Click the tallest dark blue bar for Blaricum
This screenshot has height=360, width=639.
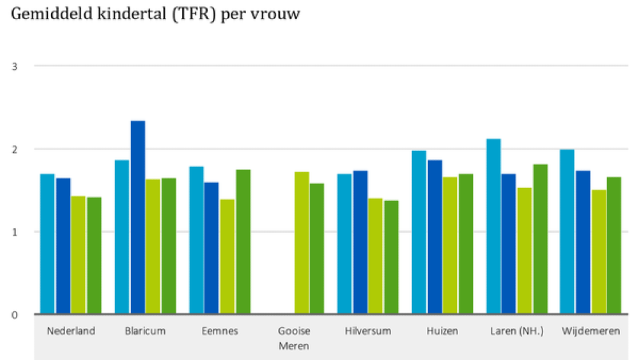click(138, 217)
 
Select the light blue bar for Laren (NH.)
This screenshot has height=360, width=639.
click(493, 226)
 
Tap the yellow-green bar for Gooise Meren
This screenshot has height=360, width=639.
click(302, 243)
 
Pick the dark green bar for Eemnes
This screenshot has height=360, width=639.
click(243, 242)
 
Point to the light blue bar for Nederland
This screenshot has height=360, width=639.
click(47, 244)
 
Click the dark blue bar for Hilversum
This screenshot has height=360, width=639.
click(360, 242)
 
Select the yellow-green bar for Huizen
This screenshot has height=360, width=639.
click(450, 246)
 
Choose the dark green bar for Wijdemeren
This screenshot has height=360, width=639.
click(614, 246)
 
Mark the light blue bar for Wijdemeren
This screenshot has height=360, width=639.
click(567, 231)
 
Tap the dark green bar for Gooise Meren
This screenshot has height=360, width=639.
click(317, 249)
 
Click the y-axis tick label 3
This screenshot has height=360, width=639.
click(15, 67)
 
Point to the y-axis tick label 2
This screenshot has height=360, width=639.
click(15, 150)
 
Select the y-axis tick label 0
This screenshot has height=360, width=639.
click(15, 315)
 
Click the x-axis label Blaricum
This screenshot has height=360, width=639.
click(145, 331)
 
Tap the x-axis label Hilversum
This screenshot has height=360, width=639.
click(368, 331)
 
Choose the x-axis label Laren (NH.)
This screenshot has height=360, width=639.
click(517, 331)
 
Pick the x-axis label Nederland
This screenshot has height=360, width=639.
click(71, 331)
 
